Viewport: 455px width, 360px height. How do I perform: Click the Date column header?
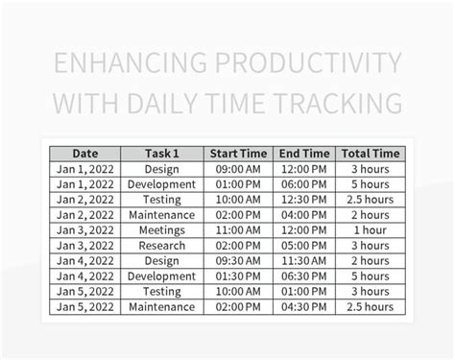coord(85,154)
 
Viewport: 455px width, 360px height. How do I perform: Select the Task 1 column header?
coord(161,154)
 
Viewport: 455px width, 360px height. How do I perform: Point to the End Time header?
coord(304,154)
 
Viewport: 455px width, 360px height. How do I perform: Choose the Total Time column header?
coord(370,154)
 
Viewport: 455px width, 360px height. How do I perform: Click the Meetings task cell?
coord(161,230)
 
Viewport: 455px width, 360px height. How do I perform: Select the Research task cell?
coord(161,246)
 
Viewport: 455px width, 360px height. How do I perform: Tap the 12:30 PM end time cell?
coord(304,200)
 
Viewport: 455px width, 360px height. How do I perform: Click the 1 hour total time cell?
coord(370,230)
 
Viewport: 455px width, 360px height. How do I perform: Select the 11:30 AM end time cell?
coord(304,261)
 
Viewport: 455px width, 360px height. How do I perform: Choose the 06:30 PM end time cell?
coord(304,276)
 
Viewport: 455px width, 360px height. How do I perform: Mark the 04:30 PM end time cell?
coord(304,307)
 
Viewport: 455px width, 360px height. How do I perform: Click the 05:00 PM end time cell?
coord(304,246)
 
